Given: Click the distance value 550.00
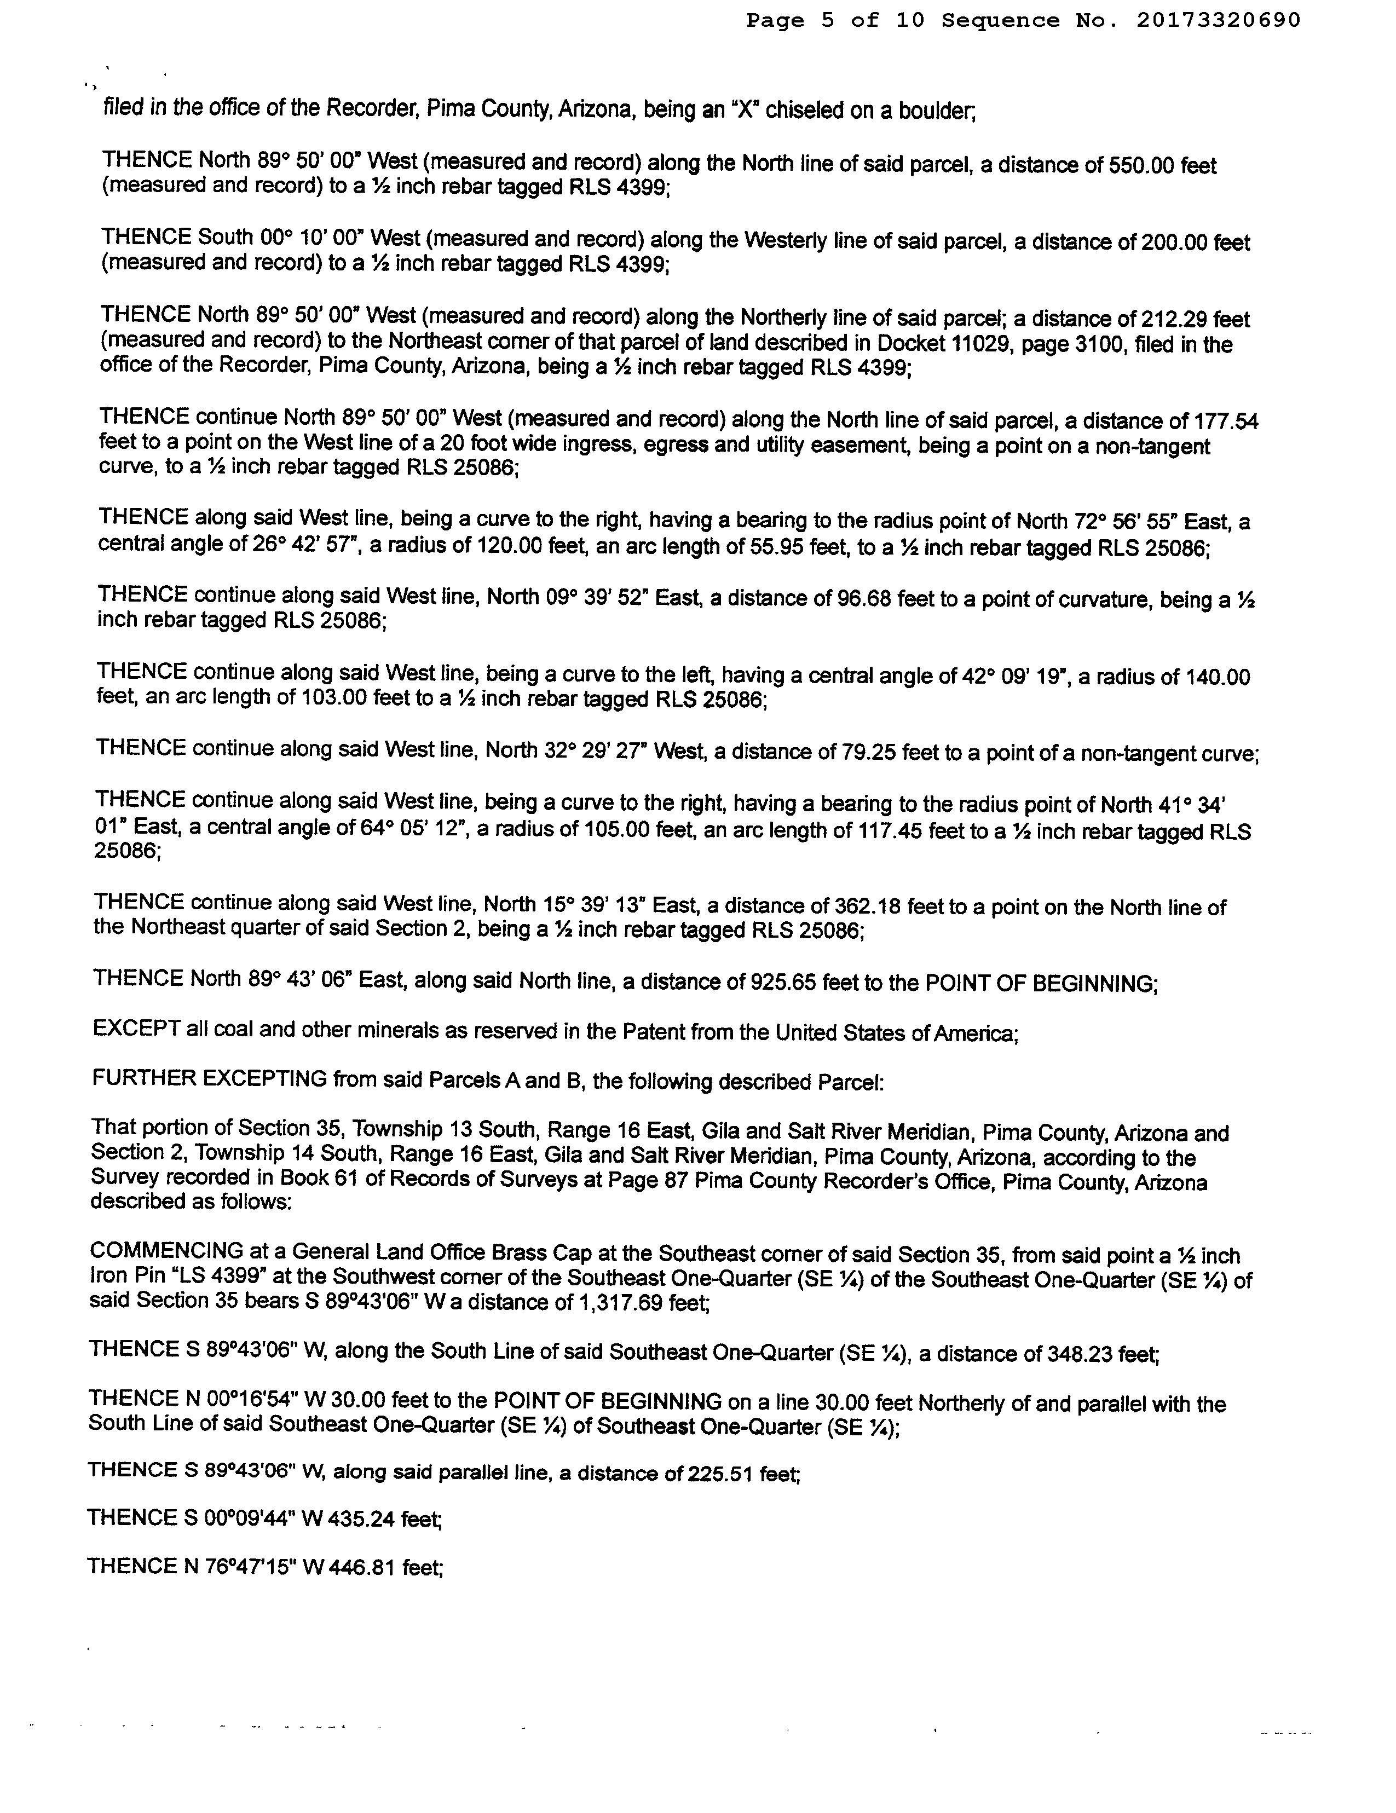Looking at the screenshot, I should [1141, 165].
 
